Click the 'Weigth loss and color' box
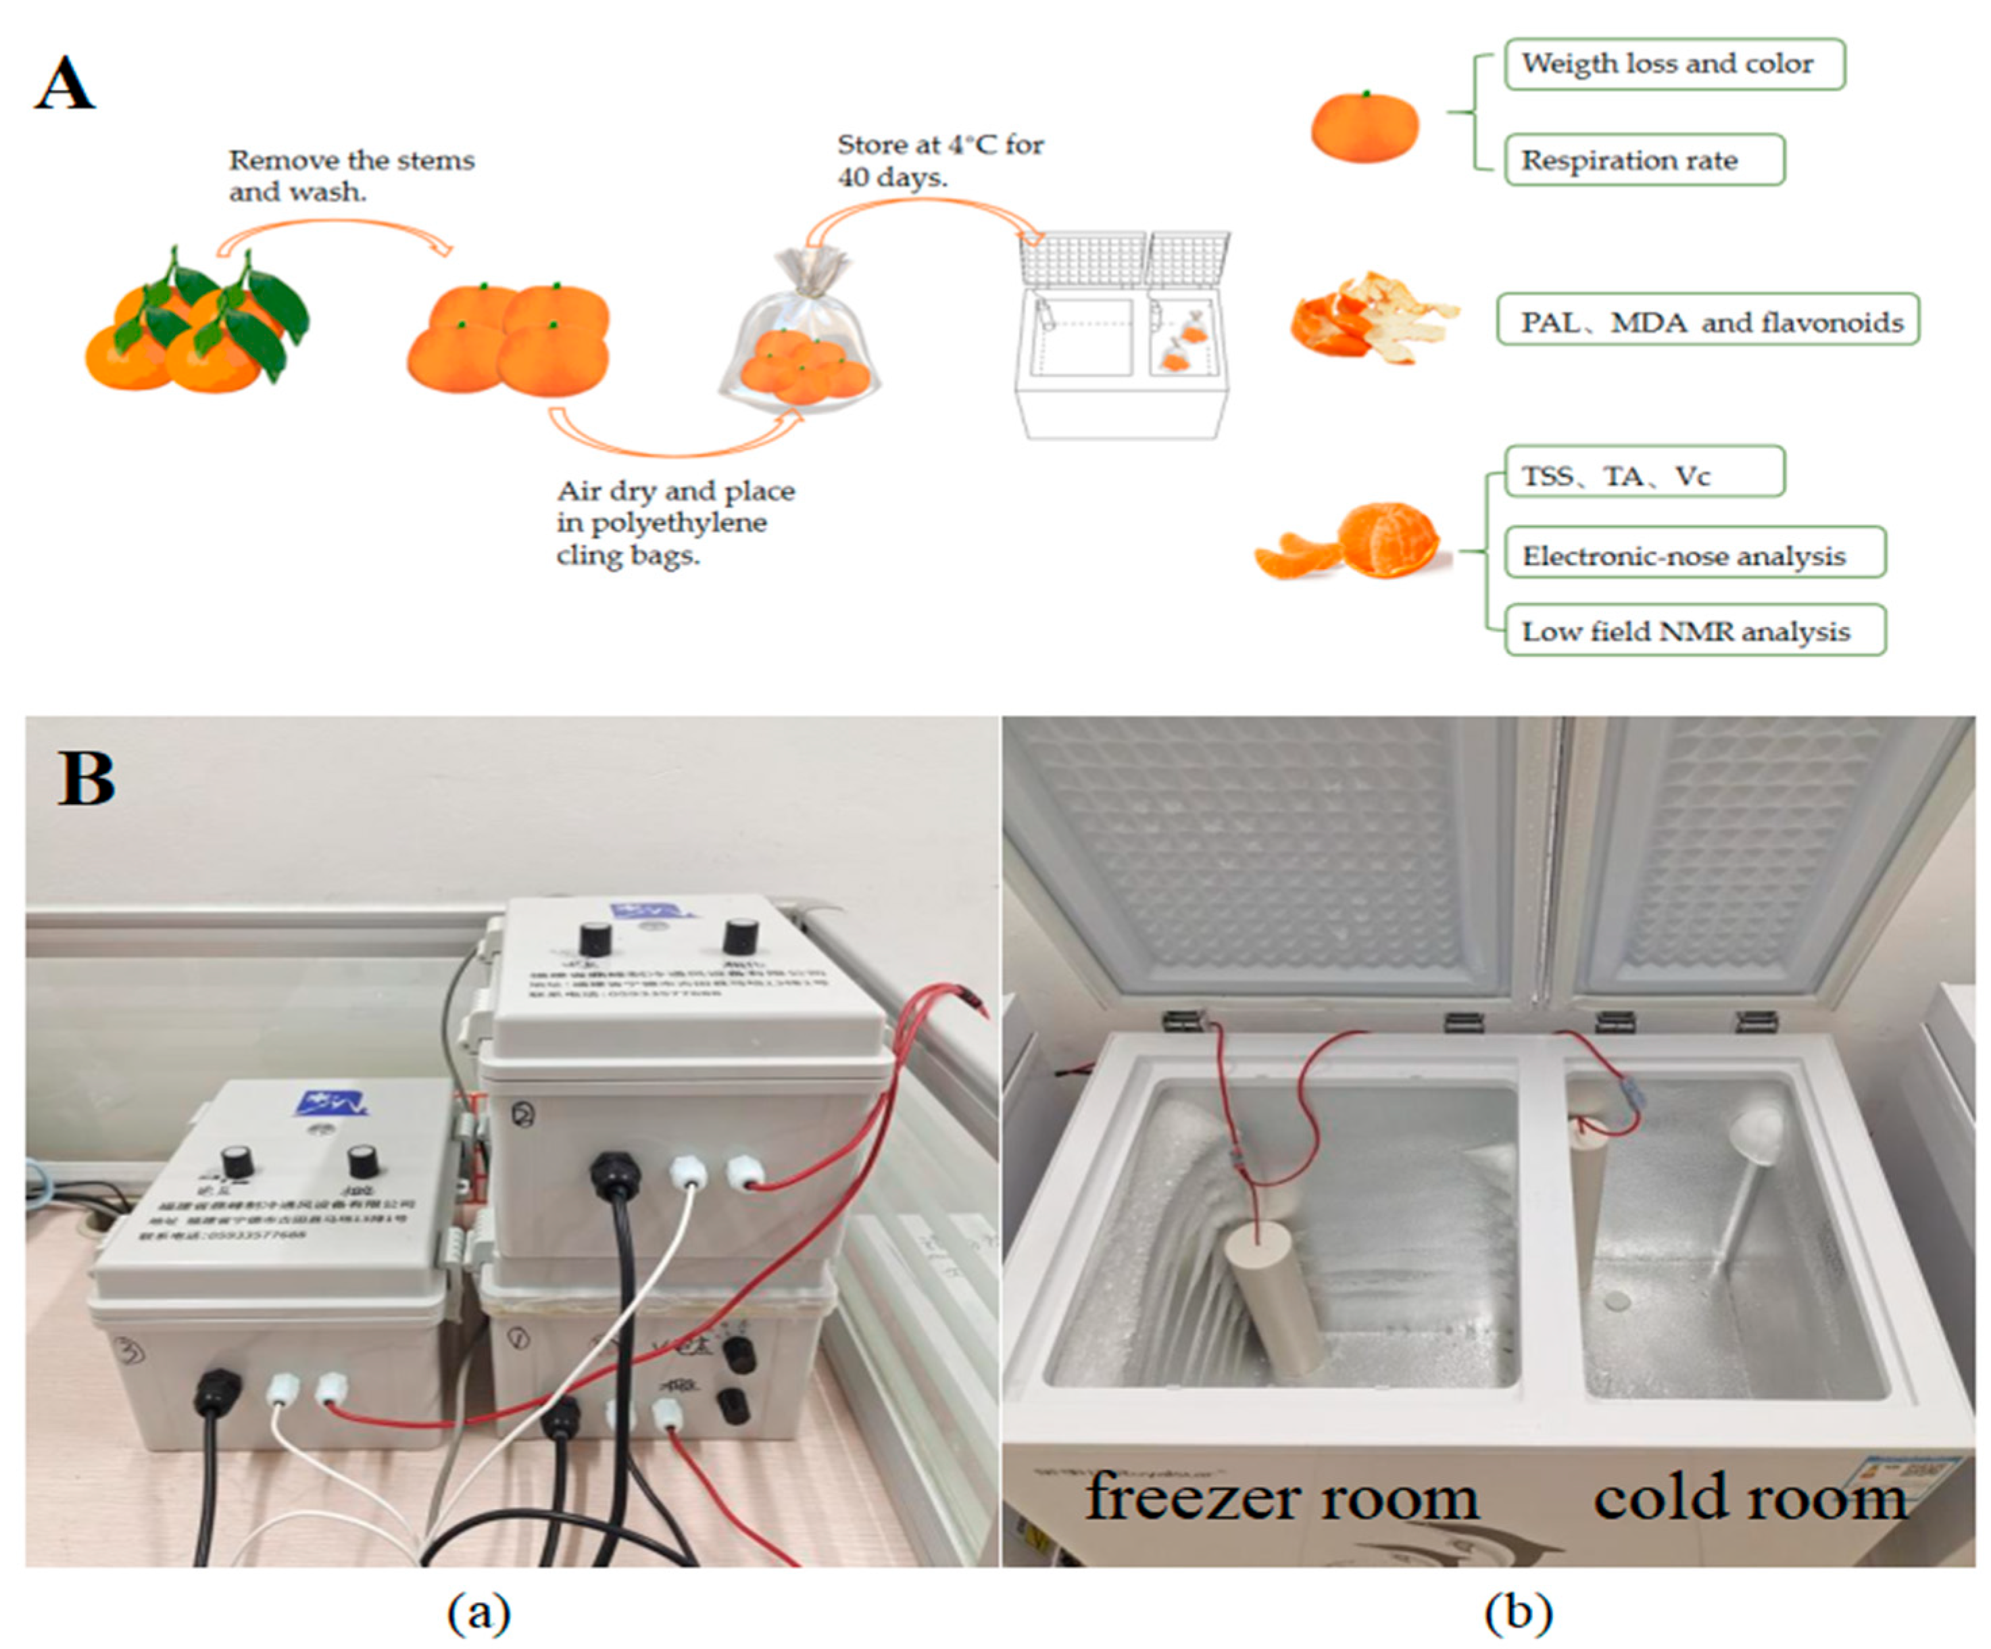tap(1673, 64)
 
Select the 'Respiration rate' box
tap(1644, 160)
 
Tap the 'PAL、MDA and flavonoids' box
tap(1708, 320)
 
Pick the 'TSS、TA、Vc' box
tap(1644, 473)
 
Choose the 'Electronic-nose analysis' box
tap(1694, 553)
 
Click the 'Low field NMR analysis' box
tap(1694, 631)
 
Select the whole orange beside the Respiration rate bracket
tap(1365, 128)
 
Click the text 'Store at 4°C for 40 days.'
tap(939, 160)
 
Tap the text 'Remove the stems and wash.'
tap(351, 176)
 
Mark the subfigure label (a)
tap(478, 1612)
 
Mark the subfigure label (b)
tap(1518, 1612)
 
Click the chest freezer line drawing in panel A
tap(1122, 341)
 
